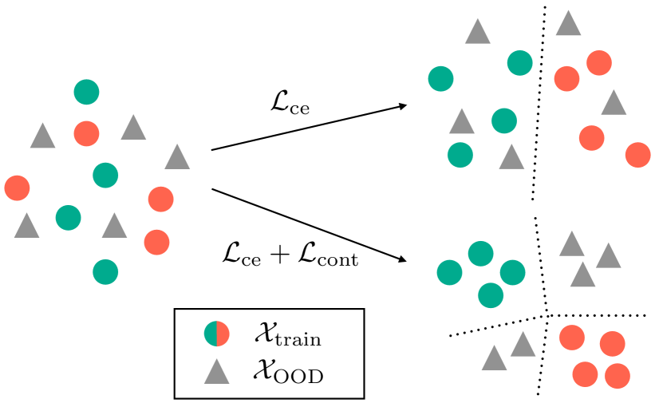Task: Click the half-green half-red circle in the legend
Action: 216,334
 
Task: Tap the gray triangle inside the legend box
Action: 216,372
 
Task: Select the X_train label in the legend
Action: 287,336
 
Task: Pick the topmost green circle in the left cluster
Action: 86,92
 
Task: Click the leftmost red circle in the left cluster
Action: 17,188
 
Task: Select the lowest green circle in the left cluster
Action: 105,271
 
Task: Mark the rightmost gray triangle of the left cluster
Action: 177,158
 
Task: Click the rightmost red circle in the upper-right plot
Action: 637,155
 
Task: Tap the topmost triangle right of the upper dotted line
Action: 568,24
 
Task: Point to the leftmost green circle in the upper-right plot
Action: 440,78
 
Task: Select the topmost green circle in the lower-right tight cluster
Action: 479,254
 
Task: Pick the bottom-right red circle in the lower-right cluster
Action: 617,375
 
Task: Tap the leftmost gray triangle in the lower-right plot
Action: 494,359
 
